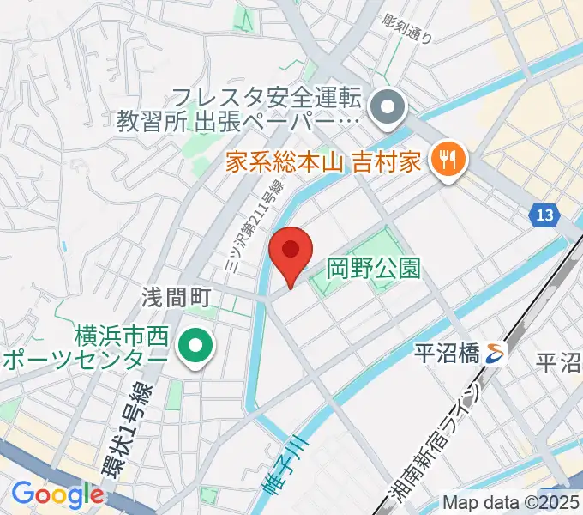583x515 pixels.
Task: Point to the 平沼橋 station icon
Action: tap(495, 351)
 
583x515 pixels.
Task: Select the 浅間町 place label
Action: tap(177, 297)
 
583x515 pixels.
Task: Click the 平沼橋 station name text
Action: tap(446, 352)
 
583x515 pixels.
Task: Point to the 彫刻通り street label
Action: tap(407, 28)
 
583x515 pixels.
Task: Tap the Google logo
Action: tap(57, 494)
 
